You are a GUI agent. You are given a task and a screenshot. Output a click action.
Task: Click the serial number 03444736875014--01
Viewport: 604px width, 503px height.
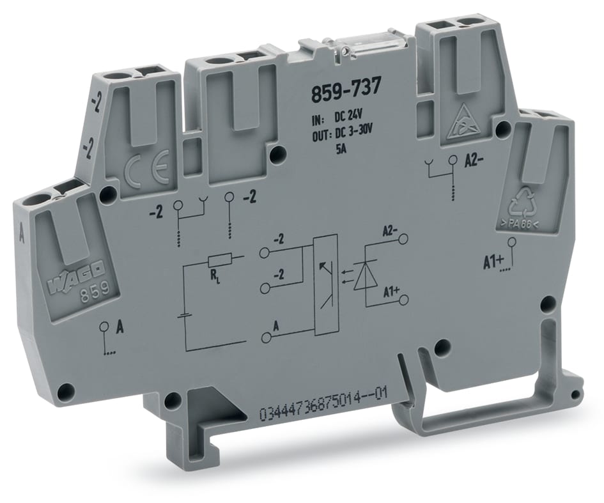[x=323, y=412]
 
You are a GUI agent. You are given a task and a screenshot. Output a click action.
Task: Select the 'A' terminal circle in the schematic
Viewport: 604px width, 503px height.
[x=265, y=336]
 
